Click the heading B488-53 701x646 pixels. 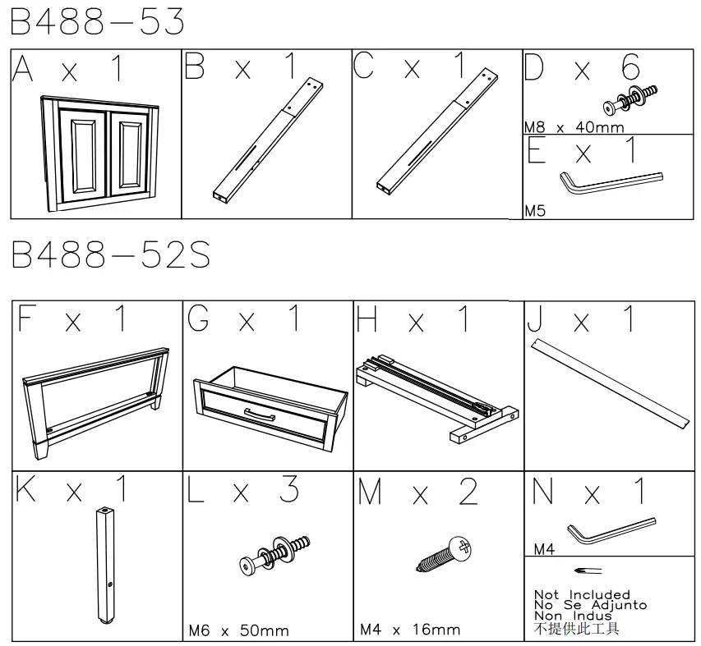point(98,22)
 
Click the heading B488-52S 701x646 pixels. point(110,256)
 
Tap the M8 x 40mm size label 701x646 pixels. point(574,127)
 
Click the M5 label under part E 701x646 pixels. point(535,211)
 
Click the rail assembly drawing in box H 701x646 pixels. point(436,393)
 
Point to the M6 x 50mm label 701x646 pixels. point(238,630)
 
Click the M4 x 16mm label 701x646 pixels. point(410,630)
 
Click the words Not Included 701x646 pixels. point(582,594)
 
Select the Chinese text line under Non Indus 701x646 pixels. point(576,629)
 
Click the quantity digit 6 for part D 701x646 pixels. point(630,68)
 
